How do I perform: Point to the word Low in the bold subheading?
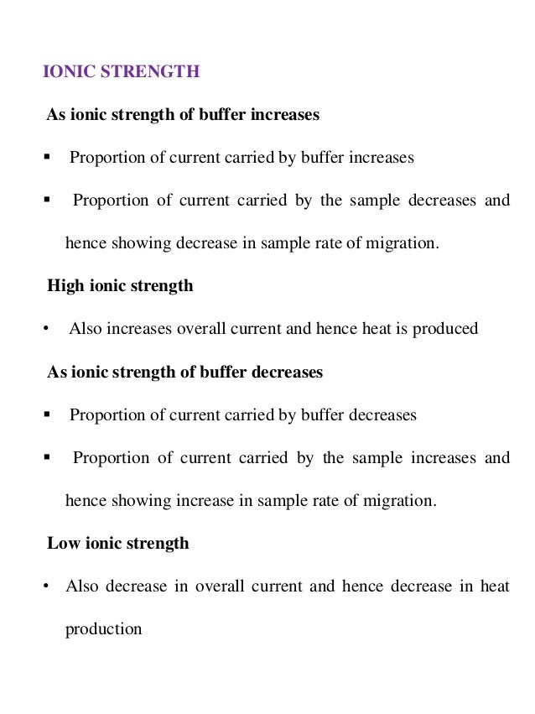click(62, 544)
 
